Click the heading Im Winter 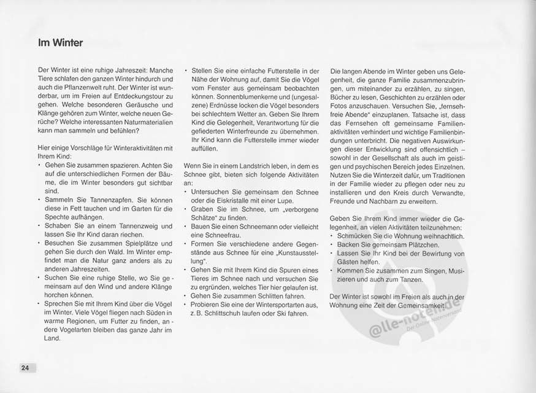(60, 43)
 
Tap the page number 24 (25, 368)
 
